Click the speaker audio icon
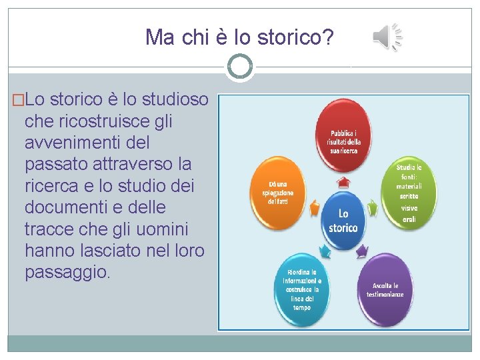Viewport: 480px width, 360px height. click(387, 37)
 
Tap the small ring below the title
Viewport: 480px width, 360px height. click(239, 66)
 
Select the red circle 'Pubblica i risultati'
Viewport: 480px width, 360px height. click(343, 137)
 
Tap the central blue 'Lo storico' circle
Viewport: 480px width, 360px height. click(343, 221)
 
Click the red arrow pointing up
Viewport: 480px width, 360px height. click(343, 181)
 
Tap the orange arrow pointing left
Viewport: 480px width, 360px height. click(311, 209)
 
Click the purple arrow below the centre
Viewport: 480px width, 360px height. click(362, 251)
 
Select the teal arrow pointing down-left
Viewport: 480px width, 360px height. click(325, 252)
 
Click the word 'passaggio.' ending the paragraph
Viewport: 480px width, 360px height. click(67, 272)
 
